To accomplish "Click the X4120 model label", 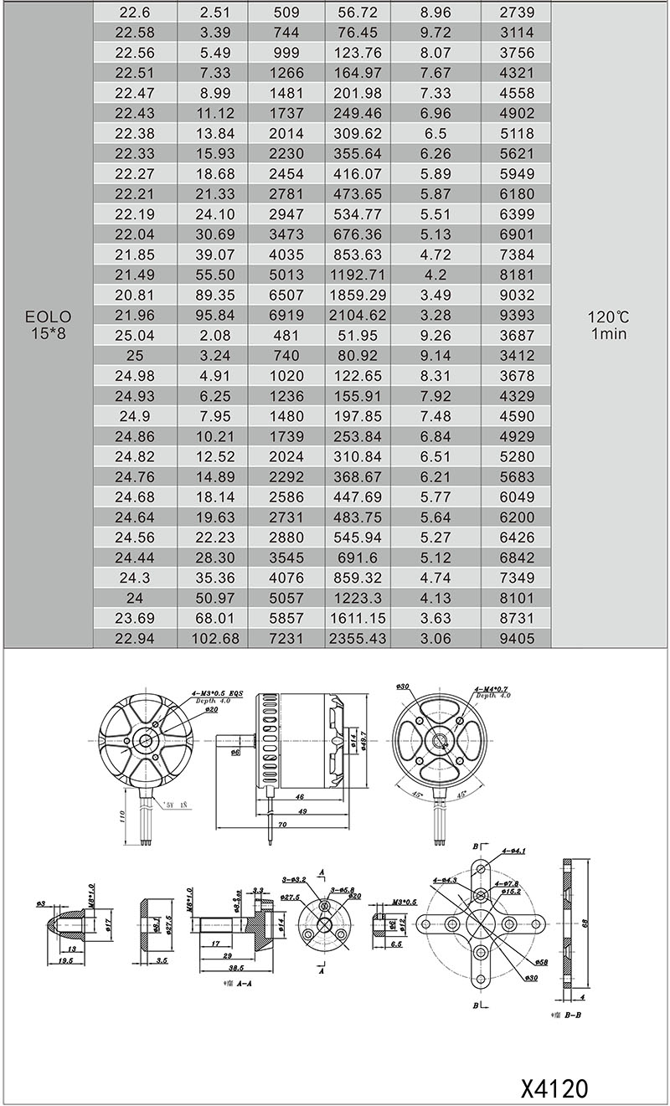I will pos(554,1088).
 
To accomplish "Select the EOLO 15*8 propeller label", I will pos(48,325).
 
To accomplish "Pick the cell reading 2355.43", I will pos(359,638).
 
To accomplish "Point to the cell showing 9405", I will pos(515,638).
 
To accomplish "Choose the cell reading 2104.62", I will pos(359,315).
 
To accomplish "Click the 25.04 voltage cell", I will pos(135,335).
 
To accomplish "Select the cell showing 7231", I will pos(286,638).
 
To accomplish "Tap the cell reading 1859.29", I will pos(359,295).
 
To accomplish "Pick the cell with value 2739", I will pos(515,13).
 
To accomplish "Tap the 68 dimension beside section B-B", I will pos(595,922).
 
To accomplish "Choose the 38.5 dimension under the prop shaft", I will pos(224,968).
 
